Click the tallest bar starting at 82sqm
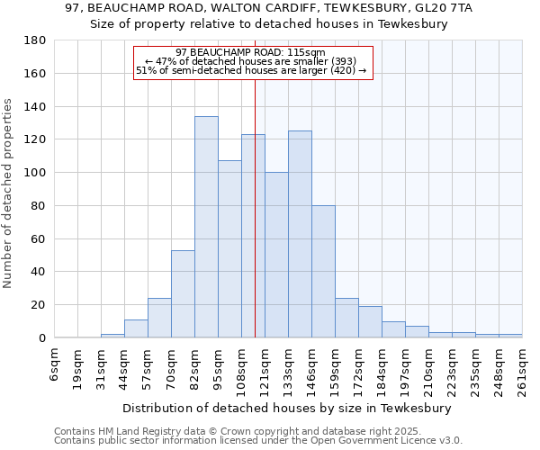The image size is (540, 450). [x=206, y=227]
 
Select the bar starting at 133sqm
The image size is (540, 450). [x=300, y=234]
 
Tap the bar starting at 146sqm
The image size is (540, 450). [x=323, y=271]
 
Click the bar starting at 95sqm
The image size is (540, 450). [x=229, y=249]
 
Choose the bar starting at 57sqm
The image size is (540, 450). [x=159, y=318]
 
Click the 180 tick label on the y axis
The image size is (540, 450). [x=35, y=40]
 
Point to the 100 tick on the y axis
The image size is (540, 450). [x=35, y=173]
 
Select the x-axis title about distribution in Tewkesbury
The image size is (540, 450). [x=288, y=408]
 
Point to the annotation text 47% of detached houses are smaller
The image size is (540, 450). [x=251, y=61]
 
